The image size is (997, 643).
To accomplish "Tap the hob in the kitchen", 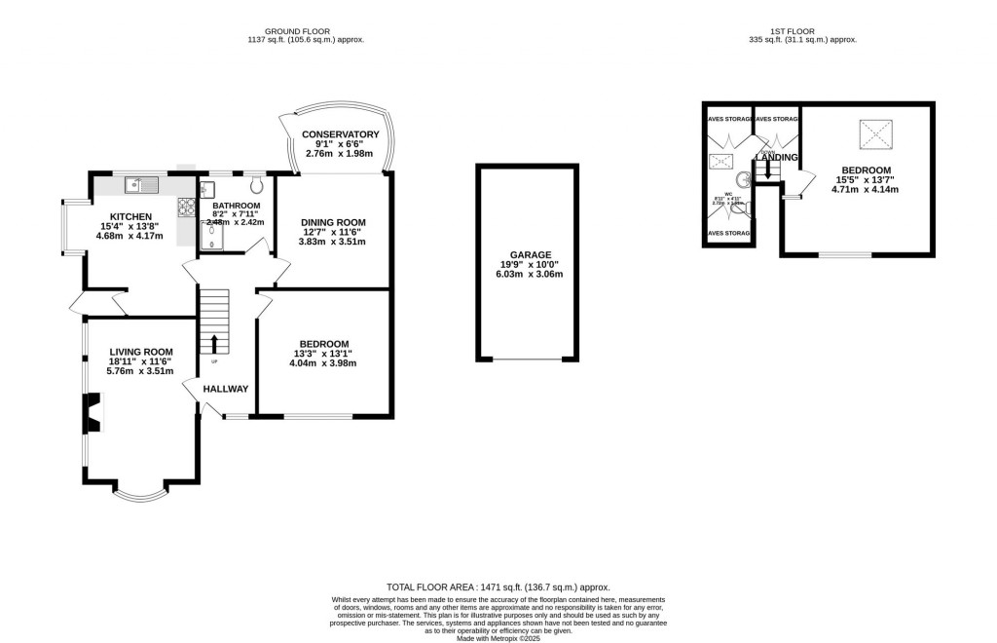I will click(x=185, y=207).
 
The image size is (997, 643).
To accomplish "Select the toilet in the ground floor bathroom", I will click(x=257, y=184).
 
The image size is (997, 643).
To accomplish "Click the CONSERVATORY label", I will click(x=340, y=134).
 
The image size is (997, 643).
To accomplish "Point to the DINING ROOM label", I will click(x=332, y=222).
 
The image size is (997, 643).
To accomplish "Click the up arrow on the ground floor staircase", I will click(x=214, y=343).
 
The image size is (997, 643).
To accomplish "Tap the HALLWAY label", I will click(x=225, y=389).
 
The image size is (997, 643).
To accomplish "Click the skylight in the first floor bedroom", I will click(x=873, y=133).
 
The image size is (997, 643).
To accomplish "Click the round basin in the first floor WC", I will click(x=743, y=179).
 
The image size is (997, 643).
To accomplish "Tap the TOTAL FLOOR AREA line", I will click(x=498, y=587).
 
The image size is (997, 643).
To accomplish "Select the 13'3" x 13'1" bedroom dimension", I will click(x=324, y=354).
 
